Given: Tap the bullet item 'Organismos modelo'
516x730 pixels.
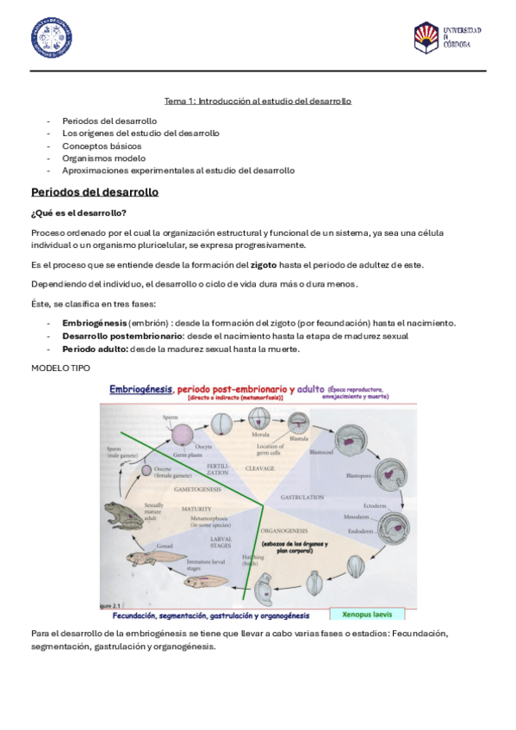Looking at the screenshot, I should coord(103,158).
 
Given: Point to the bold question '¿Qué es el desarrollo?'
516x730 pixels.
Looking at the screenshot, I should coord(78,213).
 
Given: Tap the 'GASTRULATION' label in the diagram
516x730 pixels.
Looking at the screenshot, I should coord(301,498).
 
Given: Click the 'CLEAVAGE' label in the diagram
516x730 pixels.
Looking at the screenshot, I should coord(260,468).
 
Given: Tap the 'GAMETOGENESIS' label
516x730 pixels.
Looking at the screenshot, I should coord(198,487).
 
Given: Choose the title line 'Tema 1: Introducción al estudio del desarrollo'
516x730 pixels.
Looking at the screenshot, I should coord(258,101).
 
